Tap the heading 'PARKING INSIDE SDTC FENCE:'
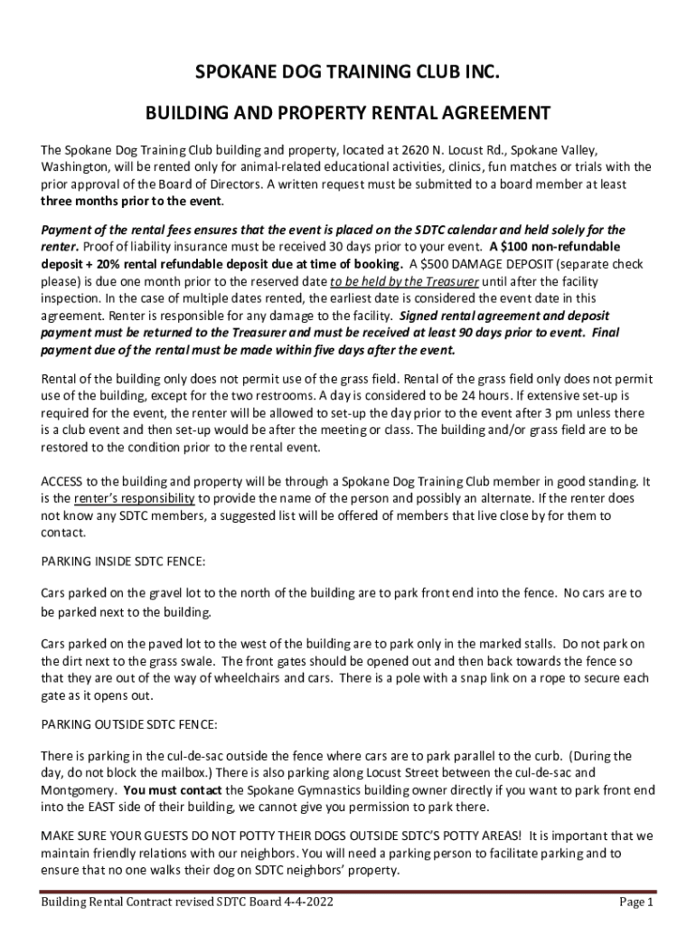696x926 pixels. tap(124, 562)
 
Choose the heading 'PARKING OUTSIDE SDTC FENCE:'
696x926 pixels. tap(129, 724)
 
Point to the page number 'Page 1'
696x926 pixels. tap(636, 902)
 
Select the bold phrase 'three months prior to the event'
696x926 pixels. tap(131, 201)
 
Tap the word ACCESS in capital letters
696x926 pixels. tap(65, 481)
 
